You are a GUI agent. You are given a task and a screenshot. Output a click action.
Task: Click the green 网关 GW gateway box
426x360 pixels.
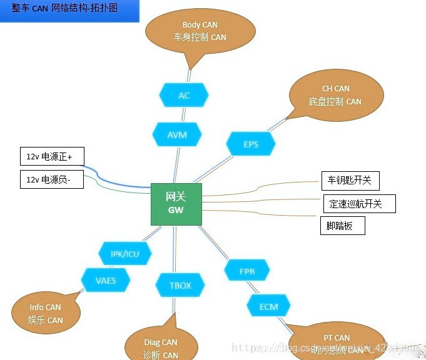[x=176, y=204]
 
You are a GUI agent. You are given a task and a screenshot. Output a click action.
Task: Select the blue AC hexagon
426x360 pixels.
[x=183, y=96]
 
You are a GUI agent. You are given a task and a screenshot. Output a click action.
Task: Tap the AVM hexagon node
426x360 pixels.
[x=177, y=135]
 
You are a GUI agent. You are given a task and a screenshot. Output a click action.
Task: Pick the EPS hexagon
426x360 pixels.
[x=251, y=144]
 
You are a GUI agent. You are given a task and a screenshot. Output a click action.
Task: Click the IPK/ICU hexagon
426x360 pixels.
[x=125, y=254]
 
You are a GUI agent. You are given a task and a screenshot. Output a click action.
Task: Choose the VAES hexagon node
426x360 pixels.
[x=106, y=281]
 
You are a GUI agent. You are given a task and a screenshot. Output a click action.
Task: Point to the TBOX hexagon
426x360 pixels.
[x=180, y=286]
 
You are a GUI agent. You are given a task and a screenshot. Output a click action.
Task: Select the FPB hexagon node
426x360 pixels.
[x=247, y=272]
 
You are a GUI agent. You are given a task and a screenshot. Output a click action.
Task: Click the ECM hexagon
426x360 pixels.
[x=268, y=307]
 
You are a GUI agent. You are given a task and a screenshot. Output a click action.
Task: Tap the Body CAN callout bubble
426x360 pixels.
[x=200, y=31]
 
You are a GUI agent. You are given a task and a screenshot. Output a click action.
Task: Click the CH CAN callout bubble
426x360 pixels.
[x=335, y=95]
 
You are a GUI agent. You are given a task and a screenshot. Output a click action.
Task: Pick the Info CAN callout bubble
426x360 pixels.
[x=46, y=313]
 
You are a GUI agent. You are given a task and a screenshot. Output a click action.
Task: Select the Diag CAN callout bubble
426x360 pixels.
[x=161, y=347]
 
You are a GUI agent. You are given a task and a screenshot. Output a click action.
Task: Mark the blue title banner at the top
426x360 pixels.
[x=69, y=11]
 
